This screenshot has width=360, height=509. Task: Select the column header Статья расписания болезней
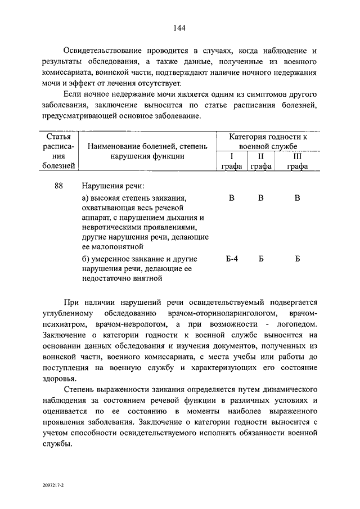(58, 151)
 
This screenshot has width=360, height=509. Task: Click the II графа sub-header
(260, 161)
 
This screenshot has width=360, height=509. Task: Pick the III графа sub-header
(298, 161)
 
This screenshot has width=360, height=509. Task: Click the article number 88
(59, 186)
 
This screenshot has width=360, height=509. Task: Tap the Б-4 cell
(232, 259)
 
